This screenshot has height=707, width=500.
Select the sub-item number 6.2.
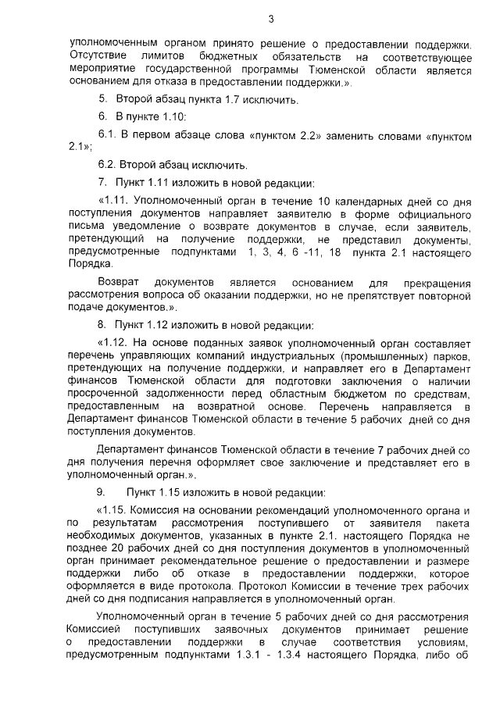107,165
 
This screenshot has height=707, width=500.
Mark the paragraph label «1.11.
113,200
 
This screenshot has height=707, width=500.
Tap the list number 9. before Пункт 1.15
101,492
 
